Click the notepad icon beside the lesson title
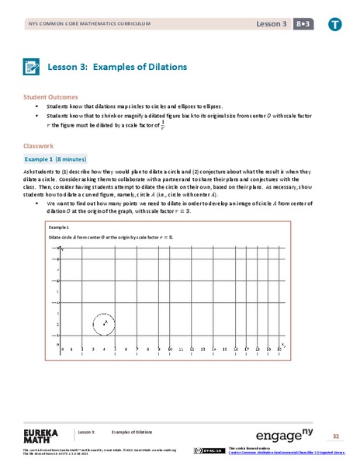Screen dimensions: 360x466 click(x=33, y=67)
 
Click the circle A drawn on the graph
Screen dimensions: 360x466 click(x=103, y=322)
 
